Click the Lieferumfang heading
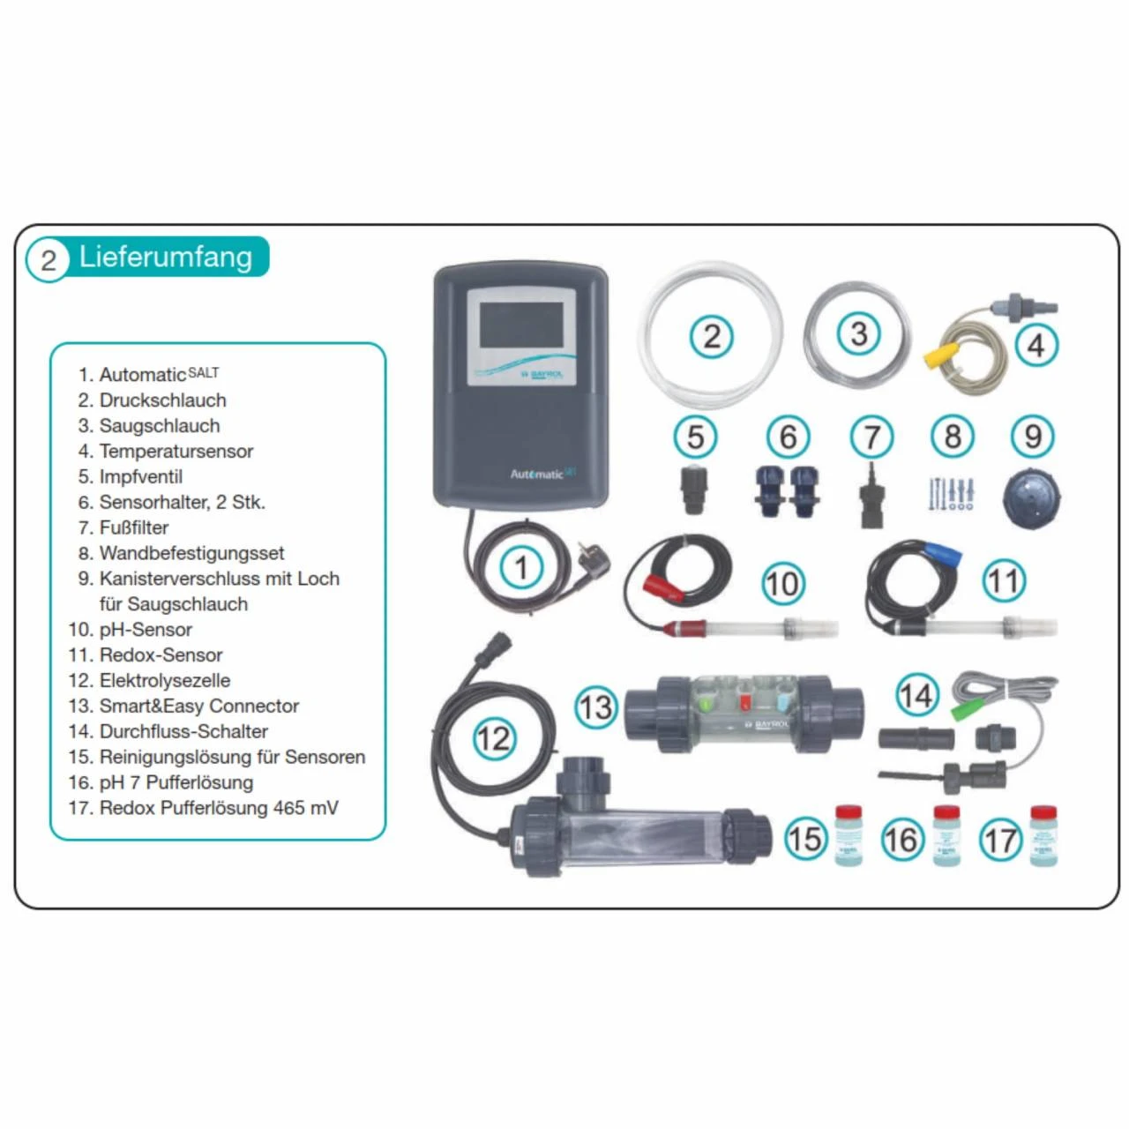[165, 258]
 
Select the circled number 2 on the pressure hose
[711, 335]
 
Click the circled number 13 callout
[595, 707]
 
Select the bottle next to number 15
[848, 835]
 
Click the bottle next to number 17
[1043, 835]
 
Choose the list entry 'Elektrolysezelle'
[164, 680]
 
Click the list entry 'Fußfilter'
[133, 527]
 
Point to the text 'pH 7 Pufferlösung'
[176, 782]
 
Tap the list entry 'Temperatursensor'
[176, 451]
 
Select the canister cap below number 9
[1031, 495]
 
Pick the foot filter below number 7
[871, 497]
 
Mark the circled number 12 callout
[493, 737]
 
